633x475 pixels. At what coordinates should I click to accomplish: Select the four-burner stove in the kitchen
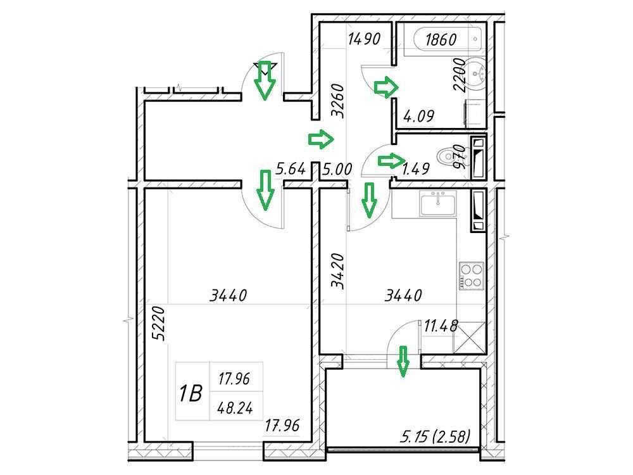(x=472, y=276)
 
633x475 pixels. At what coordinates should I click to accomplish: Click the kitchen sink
(x=438, y=204)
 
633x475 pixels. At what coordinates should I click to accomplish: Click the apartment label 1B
(x=191, y=393)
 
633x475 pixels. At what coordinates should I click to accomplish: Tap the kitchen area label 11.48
(x=441, y=325)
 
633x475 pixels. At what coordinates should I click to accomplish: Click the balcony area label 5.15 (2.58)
(x=436, y=436)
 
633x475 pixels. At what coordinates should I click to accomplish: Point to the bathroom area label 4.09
(x=419, y=117)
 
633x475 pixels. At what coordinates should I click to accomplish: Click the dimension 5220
(x=159, y=324)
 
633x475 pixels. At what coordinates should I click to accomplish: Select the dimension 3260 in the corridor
(x=337, y=101)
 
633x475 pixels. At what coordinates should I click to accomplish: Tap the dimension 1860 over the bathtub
(x=441, y=39)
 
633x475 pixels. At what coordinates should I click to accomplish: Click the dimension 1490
(x=364, y=39)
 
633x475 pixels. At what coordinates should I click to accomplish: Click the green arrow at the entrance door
(x=265, y=80)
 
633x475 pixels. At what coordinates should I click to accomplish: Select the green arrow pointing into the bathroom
(x=386, y=87)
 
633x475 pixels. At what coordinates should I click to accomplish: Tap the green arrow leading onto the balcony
(x=403, y=361)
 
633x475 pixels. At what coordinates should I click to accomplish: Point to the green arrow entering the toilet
(x=391, y=161)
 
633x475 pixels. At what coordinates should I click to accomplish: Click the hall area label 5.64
(x=291, y=169)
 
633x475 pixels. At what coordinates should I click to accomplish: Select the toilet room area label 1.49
(x=416, y=169)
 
